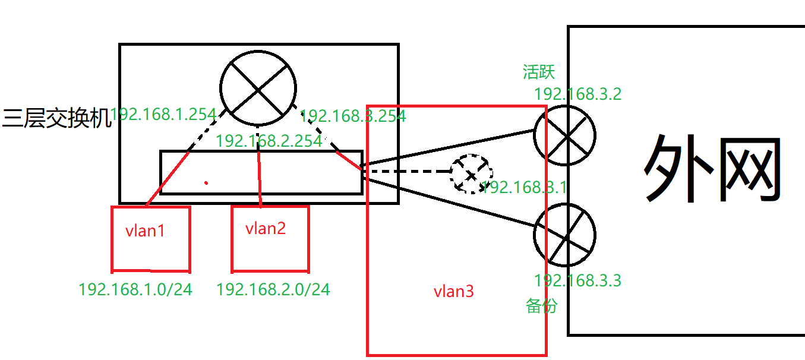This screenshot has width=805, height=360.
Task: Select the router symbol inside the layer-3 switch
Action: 258,88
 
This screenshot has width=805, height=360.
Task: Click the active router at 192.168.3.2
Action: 564,135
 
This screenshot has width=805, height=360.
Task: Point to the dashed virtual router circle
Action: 471,175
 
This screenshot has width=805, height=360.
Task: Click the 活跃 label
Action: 539,72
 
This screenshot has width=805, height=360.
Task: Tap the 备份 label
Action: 542,305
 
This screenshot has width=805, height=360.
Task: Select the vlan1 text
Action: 146,230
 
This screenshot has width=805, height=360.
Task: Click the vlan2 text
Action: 266,228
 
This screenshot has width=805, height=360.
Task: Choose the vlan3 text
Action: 454,291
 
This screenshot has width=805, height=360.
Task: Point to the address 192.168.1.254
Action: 163,115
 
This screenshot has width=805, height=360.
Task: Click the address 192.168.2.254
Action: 269,141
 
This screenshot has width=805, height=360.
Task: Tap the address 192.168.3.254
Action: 354,116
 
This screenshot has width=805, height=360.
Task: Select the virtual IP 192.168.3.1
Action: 524,188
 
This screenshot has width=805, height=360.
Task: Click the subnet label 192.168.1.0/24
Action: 135,289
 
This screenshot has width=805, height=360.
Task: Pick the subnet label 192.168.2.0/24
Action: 273,289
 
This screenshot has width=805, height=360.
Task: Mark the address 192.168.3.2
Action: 577,94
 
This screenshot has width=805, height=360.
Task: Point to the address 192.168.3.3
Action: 577,280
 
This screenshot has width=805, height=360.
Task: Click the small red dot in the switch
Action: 206,182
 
